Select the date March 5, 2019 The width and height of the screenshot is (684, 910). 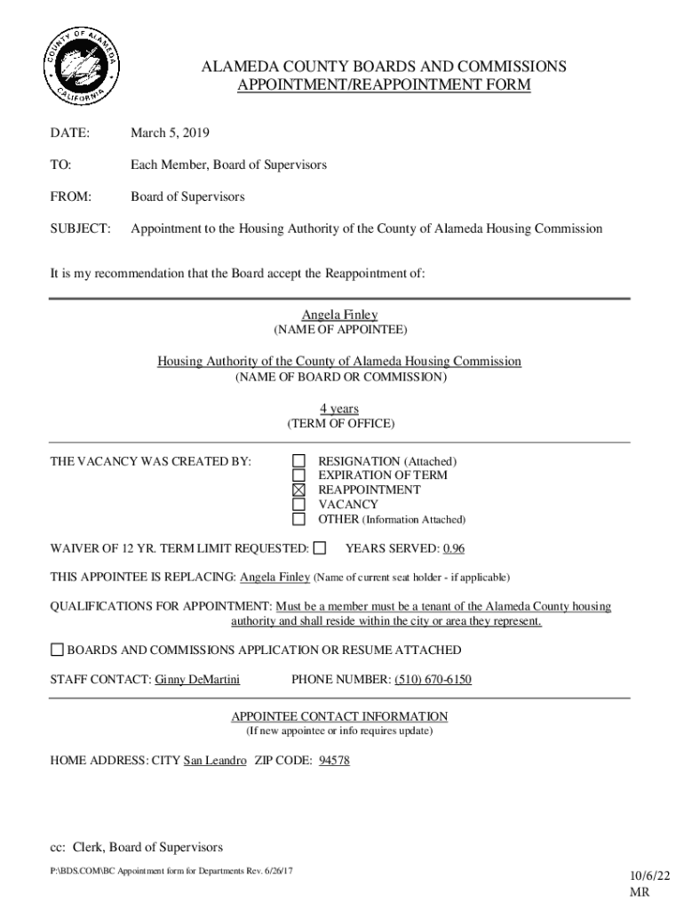[170, 133]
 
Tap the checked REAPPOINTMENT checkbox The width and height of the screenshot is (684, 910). [298, 490]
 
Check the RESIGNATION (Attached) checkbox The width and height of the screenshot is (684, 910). [298, 461]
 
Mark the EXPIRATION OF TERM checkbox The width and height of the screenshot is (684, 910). [298, 475]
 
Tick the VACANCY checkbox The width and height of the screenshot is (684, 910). [298, 504]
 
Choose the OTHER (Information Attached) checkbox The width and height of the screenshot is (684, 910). [298, 519]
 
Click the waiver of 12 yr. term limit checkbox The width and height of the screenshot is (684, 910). [320, 547]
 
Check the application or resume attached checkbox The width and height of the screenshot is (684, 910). [58, 650]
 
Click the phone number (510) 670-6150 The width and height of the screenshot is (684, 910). [433, 680]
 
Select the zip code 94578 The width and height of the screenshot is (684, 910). [333, 762]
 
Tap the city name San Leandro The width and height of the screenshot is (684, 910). [214, 762]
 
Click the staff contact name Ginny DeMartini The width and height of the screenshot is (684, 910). [197, 680]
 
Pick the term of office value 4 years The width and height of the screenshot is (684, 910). [339, 409]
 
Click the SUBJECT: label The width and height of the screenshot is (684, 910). [81, 228]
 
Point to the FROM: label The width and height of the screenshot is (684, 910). [71, 196]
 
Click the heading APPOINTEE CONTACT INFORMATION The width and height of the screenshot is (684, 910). [339, 716]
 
